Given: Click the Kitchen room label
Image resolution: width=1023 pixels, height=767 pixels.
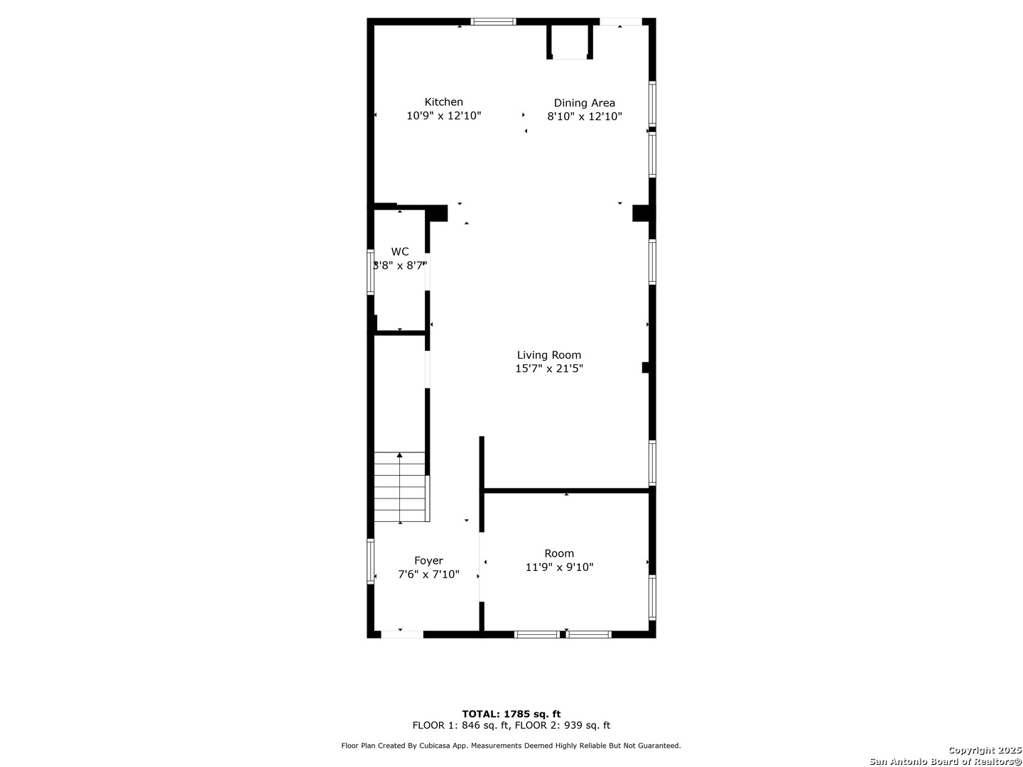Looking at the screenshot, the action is click(443, 102).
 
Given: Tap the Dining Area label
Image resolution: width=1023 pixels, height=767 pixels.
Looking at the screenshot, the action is click(584, 103).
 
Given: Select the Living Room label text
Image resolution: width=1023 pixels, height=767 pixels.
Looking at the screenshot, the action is click(548, 355).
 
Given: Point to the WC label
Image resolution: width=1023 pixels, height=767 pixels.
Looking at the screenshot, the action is click(399, 252).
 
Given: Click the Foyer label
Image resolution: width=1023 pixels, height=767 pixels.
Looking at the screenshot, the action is click(428, 561).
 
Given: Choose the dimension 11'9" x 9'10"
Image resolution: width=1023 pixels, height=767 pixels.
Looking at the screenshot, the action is click(559, 567).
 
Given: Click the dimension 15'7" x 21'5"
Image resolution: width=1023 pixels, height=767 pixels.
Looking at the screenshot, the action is click(548, 369).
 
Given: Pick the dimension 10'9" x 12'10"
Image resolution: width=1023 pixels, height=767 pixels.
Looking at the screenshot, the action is click(443, 116).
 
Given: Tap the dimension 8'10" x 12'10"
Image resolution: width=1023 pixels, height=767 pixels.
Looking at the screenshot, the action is click(584, 116).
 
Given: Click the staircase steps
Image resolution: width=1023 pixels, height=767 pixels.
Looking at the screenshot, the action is click(401, 486).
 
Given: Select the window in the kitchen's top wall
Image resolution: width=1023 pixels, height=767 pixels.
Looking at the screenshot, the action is click(492, 21).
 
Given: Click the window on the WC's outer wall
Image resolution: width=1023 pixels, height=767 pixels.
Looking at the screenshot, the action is click(370, 272).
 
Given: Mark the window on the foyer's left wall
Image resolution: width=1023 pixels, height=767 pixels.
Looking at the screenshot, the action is click(370, 561).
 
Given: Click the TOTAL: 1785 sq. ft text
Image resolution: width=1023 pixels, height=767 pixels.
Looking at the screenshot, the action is click(511, 714).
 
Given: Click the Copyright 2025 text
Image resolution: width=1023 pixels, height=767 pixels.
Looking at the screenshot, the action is click(985, 750).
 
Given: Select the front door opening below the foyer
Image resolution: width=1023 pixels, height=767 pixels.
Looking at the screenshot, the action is click(402, 634).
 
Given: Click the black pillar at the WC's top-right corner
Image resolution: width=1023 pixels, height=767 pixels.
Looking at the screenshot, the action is click(437, 213).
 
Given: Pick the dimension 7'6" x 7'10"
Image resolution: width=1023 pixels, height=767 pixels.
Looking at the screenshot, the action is click(428, 575).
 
